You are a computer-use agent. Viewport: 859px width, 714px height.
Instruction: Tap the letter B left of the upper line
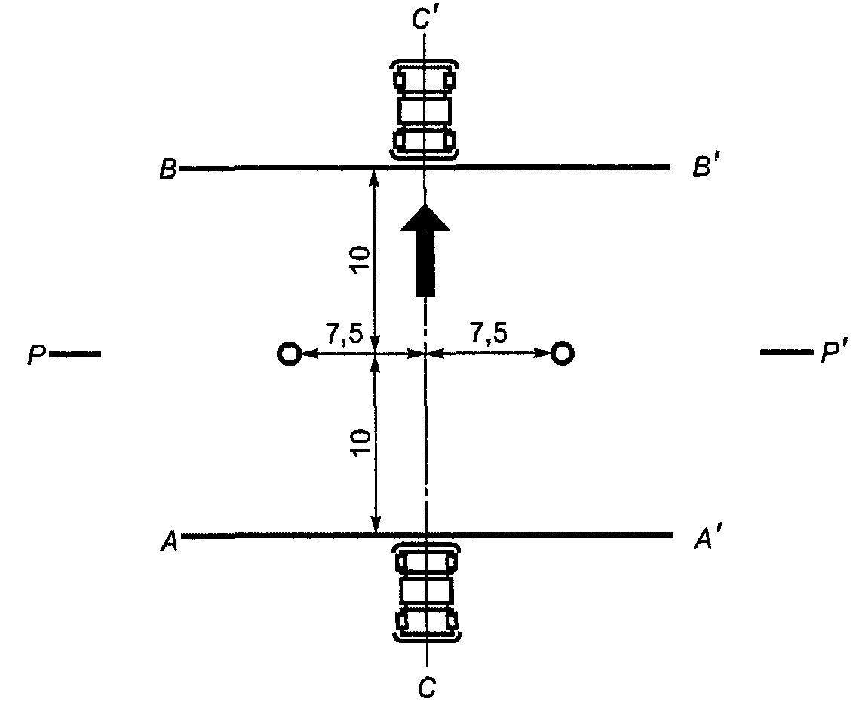tap(167, 169)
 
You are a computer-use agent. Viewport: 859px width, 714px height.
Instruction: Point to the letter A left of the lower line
tap(168, 541)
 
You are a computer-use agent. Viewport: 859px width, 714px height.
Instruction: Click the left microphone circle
tap(288, 353)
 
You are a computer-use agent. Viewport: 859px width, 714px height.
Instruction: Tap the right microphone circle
tap(562, 352)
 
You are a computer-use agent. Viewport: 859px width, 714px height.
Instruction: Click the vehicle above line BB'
tap(425, 109)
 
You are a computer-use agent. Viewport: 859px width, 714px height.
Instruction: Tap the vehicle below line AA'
tap(426, 593)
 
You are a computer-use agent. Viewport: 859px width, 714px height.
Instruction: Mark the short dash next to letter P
tap(75, 354)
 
